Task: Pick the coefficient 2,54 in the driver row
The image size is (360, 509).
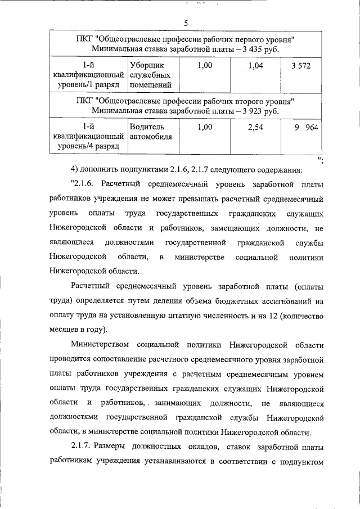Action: (256, 128)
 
